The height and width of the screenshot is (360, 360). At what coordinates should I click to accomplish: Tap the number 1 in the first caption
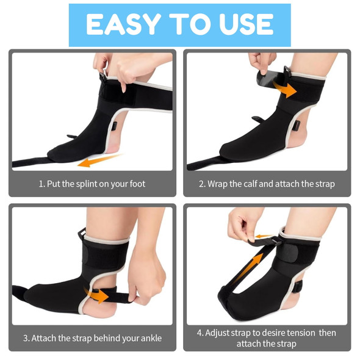click(41, 184)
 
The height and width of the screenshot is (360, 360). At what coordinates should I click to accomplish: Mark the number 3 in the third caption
click(26, 337)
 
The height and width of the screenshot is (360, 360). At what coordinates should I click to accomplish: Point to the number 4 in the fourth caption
click(200, 333)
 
